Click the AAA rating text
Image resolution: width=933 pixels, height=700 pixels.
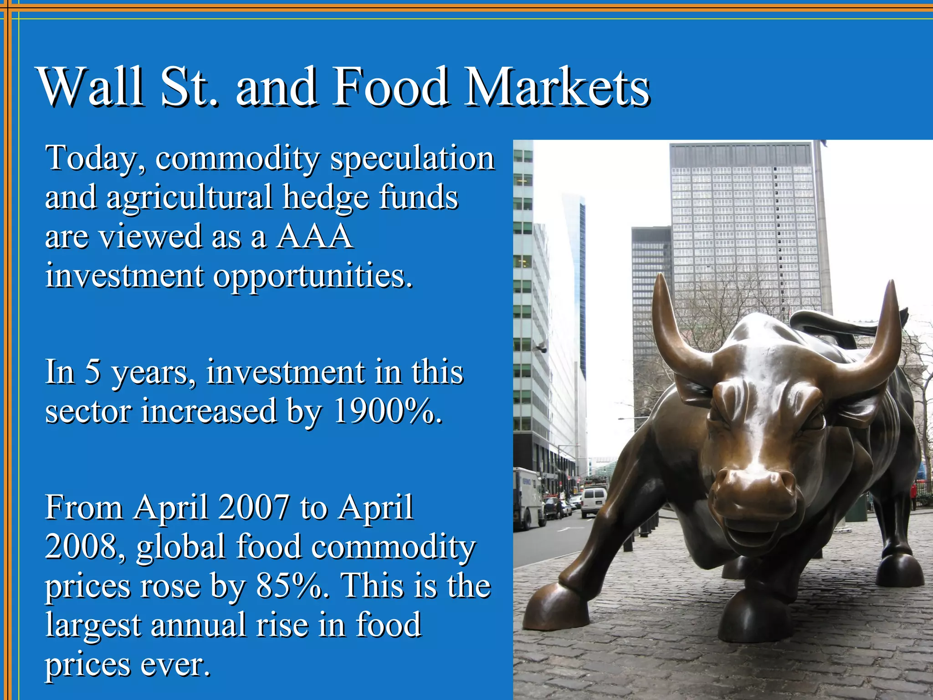tap(314, 237)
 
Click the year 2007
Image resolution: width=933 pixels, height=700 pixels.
tap(253, 507)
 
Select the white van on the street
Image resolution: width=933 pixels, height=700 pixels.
tap(593, 501)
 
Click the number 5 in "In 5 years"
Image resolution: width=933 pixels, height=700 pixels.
tap(92, 372)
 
